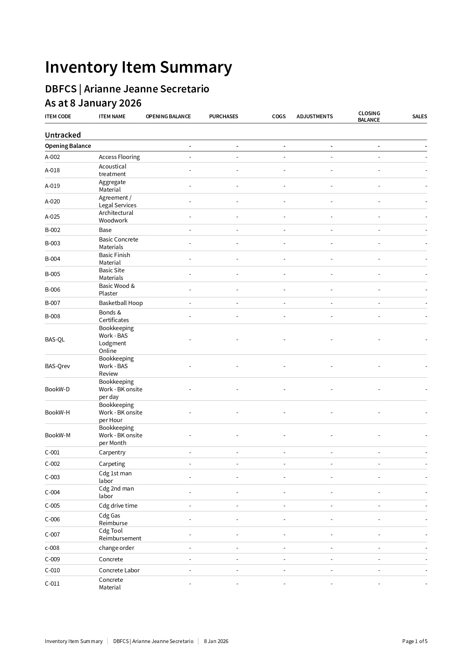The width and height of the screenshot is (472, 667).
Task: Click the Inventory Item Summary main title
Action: pyautogui.click(x=138, y=67)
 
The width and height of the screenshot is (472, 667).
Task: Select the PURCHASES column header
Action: pyautogui.click(x=223, y=116)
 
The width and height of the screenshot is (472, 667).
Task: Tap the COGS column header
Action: pyautogui.click(x=278, y=116)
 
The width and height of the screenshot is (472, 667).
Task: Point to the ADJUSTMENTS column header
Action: pyautogui.click(x=315, y=116)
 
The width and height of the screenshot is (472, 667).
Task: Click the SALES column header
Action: pyautogui.click(x=419, y=116)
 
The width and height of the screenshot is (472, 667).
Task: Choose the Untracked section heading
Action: pyautogui.click(x=63, y=135)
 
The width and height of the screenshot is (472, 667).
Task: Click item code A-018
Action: pyautogui.click(x=52, y=170)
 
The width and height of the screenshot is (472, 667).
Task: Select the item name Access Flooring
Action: pyautogui.click(x=119, y=157)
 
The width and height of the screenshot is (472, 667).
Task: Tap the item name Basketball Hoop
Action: pyautogui.click(x=121, y=303)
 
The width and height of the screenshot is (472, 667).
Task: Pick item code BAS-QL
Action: pyautogui.click(x=55, y=340)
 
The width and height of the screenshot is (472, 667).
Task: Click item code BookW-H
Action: pyautogui.click(x=57, y=413)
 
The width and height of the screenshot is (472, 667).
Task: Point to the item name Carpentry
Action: pyautogui.click(x=112, y=453)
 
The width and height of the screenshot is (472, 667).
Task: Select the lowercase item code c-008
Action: pyautogui.click(x=52, y=548)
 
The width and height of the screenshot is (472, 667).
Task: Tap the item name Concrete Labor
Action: pyautogui.click(x=119, y=570)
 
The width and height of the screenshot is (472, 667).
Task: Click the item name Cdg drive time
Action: pyautogui.click(x=118, y=506)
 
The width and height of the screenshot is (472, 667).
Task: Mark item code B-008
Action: pyautogui.click(x=52, y=316)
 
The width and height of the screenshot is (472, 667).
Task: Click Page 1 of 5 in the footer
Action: pyautogui.click(x=415, y=641)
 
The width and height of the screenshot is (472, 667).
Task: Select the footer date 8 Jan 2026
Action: pyautogui.click(x=216, y=641)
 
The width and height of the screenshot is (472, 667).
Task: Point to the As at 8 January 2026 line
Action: pyautogui.click(x=93, y=103)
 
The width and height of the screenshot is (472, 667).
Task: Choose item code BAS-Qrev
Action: pyautogui.click(x=57, y=366)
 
